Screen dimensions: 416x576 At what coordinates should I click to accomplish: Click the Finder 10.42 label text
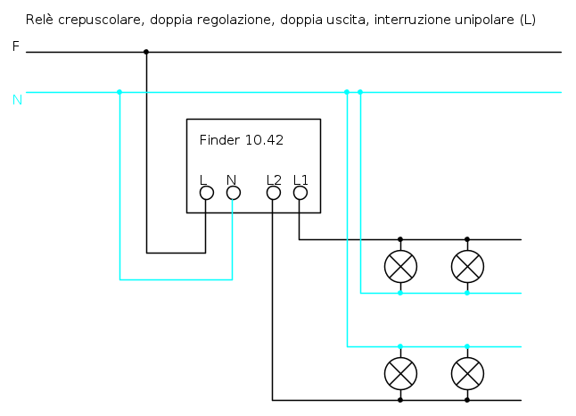(x=242, y=140)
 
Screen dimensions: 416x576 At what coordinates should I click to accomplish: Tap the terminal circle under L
(x=206, y=192)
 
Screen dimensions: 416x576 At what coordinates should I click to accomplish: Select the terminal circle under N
(x=233, y=192)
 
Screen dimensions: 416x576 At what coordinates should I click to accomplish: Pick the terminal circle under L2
(x=274, y=192)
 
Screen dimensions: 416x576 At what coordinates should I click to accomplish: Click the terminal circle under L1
(x=300, y=192)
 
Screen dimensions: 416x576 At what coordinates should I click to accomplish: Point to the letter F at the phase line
(x=15, y=46)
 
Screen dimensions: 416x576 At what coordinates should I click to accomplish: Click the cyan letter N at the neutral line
(x=17, y=99)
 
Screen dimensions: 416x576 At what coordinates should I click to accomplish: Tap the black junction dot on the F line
(x=146, y=52)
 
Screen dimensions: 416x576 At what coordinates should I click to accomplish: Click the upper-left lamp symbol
(x=400, y=265)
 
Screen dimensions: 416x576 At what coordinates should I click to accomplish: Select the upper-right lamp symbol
(x=467, y=265)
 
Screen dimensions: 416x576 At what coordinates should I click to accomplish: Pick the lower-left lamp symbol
(x=400, y=372)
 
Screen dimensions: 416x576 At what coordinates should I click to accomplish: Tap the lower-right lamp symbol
(x=467, y=372)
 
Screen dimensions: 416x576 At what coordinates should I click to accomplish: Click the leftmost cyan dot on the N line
(x=119, y=92)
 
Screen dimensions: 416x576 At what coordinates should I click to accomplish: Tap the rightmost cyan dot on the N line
(x=360, y=92)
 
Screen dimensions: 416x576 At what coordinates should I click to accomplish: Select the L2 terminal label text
(x=274, y=179)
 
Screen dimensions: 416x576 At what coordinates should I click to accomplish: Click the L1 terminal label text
(x=300, y=179)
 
